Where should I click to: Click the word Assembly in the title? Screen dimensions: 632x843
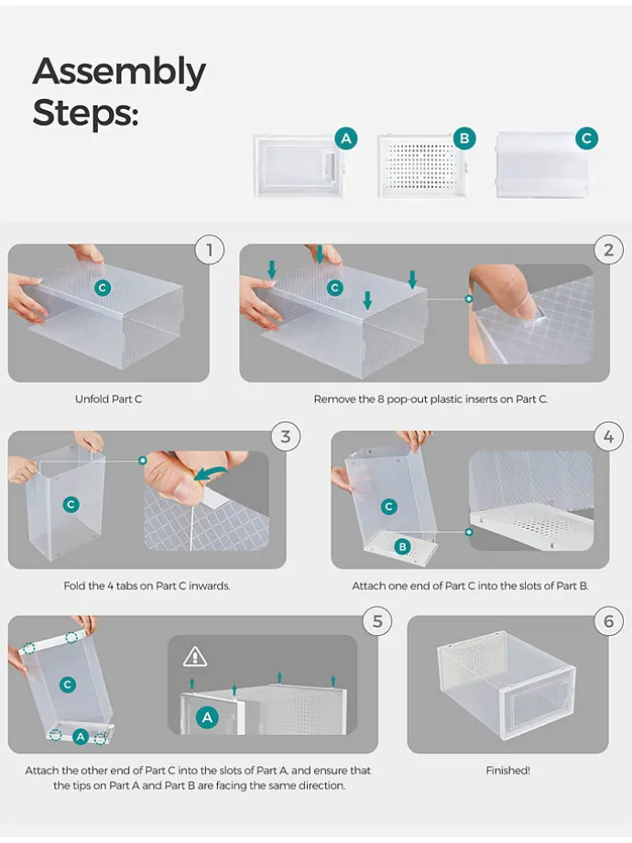click(119, 72)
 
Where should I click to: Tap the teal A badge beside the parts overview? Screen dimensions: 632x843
click(346, 138)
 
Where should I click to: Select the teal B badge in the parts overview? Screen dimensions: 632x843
click(464, 138)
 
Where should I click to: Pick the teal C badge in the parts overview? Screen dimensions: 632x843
click(586, 138)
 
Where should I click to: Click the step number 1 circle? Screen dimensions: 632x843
click(209, 250)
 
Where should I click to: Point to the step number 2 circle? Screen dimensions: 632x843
click(608, 250)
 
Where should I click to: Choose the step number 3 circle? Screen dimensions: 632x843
click(286, 436)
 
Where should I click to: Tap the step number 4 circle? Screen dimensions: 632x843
click(608, 436)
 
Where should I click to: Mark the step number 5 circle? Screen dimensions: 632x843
click(377, 621)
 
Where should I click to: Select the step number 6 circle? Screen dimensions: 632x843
click(608, 621)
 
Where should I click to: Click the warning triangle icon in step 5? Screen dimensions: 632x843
click(194, 656)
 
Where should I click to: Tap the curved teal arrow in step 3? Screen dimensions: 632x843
click(212, 474)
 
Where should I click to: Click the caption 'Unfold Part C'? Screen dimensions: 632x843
click(109, 399)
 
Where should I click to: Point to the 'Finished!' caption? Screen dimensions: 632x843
click(507, 771)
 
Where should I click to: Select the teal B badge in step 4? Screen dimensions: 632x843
click(402, 547)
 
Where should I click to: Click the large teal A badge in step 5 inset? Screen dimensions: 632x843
click(207, 717)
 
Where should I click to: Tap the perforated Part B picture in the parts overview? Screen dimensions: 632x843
click(422, 166)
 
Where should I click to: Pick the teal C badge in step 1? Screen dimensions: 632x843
click(102, 288)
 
